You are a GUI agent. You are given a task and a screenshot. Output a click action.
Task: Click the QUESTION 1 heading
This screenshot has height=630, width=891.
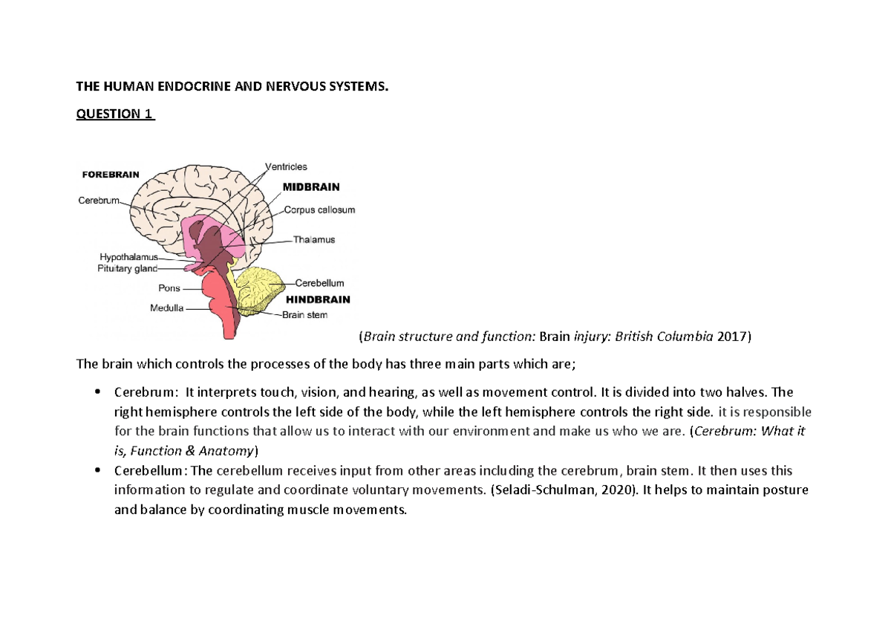(x=115, y=114)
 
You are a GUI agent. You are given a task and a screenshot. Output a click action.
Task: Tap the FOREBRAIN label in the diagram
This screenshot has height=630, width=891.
(x=109, y=175)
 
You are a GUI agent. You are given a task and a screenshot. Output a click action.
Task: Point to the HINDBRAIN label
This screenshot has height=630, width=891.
(x=318, y=299)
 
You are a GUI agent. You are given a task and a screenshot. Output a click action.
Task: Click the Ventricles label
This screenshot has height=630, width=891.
(x=286, y=167)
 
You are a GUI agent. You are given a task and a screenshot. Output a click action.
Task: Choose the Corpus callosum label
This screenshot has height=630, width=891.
(x=319, y=210)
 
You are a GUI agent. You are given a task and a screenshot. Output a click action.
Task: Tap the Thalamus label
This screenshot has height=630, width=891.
(x=314, y=240)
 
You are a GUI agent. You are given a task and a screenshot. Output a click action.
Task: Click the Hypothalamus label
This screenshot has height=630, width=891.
(x=128, y=257)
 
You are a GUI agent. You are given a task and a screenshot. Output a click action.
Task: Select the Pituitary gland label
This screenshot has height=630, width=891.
(x=127, y=268)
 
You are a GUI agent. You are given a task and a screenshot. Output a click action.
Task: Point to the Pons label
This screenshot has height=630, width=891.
(x=169, y=288)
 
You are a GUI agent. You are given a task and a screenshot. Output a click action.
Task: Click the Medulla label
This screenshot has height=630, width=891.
(x=167, y=308)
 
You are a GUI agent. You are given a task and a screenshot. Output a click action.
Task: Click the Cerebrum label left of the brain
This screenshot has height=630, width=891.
(x=98, y=201)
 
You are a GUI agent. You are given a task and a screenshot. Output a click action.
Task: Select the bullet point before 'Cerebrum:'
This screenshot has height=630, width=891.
(x=98, y=392)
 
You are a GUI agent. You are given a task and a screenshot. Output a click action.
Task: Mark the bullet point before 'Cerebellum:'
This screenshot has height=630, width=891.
(x=98, y=471)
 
